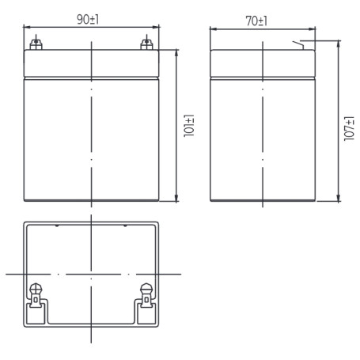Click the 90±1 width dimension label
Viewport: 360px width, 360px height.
pyautogui.click(x=88, y=20)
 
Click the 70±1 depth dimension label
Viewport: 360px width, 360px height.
pyautogui.click(x=256, y=21)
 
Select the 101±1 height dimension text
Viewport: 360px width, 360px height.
pyautogui.click(x=189, y=126)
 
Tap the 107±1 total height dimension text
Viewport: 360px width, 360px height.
pyautogui.click(x=349, y=128)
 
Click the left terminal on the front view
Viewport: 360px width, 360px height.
pyautogui.click(x=36, y=44)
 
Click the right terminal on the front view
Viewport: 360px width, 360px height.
pyautogui.click(x=146, y=44)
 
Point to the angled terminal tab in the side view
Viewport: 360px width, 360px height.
pyautogui.click(x=298, y=45)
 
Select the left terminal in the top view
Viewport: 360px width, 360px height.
pyautogui.click(x=36, y=295)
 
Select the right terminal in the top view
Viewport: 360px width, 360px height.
pyautogui.click(x=146, y=295)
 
